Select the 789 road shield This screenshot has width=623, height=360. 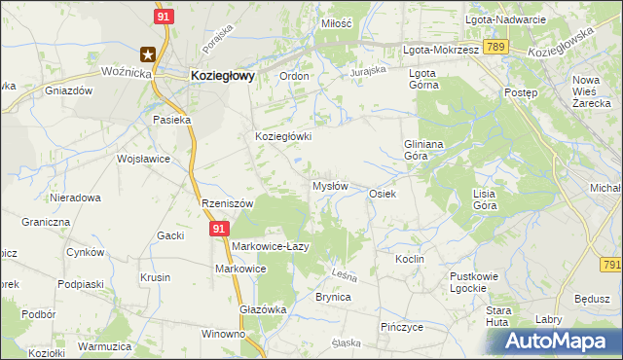[x=495, y=48]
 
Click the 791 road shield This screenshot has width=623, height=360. [x=611, y=265]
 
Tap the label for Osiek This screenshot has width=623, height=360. [x=382, y=194]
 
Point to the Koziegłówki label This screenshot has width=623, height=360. [x=283, y=137]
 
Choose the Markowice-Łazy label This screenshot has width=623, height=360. [x=270, y=246]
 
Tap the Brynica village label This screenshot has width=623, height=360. [x=333, y=298]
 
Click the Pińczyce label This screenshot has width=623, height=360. [x=402, y=327]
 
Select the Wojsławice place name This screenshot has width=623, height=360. [x=143, y=159]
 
